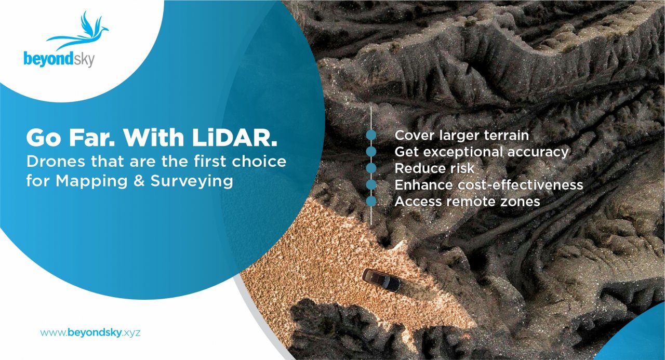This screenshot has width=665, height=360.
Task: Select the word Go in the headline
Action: tap(41, 137)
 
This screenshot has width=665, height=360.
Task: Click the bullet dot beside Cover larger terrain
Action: tap(371, 136)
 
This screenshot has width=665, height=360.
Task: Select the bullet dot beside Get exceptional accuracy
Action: tap(371, 152)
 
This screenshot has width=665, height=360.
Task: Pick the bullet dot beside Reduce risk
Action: tap(371, 168)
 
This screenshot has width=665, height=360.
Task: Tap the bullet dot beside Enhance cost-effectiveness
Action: tap(371, 184)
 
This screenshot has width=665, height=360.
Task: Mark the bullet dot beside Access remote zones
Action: tap(371, 201)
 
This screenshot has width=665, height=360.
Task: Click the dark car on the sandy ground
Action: tap(381, 279)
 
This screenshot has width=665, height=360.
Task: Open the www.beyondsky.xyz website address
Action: tap(90, 332)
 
